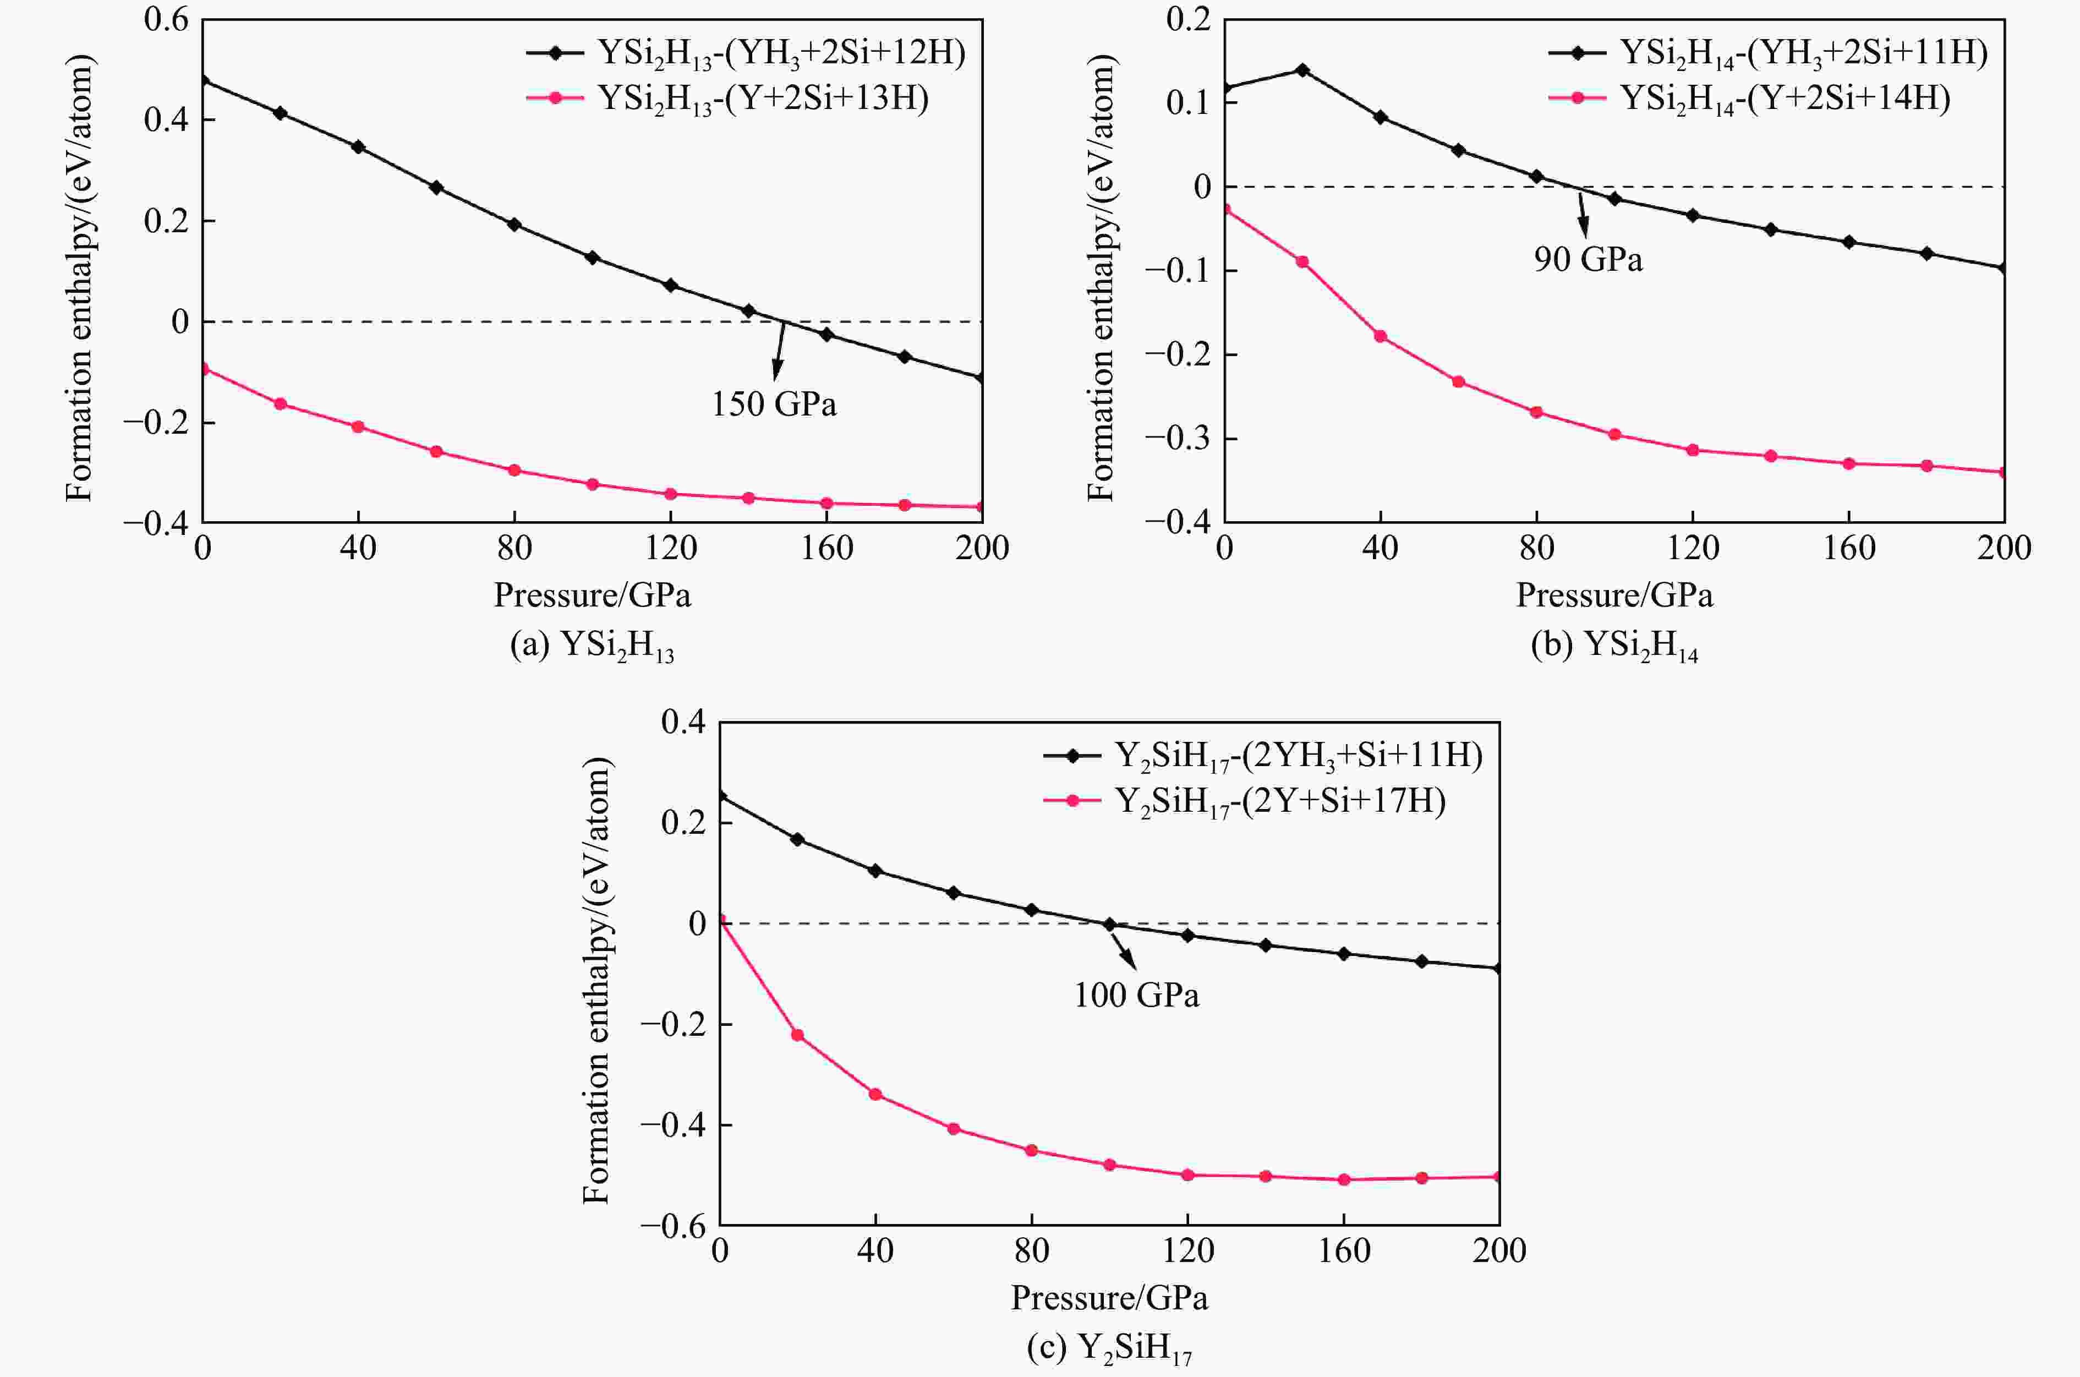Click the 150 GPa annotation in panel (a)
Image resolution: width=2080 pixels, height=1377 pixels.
pos(774,404)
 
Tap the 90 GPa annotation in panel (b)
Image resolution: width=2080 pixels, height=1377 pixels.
pos(1588,260)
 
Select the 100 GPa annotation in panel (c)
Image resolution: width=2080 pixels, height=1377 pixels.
pos(1136,995)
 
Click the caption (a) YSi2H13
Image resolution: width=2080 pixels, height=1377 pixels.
pos(592,646)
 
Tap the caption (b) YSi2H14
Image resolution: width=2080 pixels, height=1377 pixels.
pos(1614,646)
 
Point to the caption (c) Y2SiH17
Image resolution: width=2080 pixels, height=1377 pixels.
pos(1109,1348)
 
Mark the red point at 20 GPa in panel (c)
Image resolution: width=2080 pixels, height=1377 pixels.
pos(797,1035)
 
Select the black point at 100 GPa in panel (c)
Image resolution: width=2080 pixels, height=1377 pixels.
pos(1109,925)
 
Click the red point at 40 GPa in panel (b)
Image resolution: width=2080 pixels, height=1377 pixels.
pos(1380,336)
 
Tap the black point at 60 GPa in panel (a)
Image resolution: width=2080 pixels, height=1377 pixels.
pos(436,187)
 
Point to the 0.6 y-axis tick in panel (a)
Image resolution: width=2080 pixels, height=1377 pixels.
pos(167,19)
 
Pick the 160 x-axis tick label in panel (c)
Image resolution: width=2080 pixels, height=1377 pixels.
pos(1343,1250)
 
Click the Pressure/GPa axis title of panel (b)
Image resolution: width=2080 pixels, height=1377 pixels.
pos(1614,595)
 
